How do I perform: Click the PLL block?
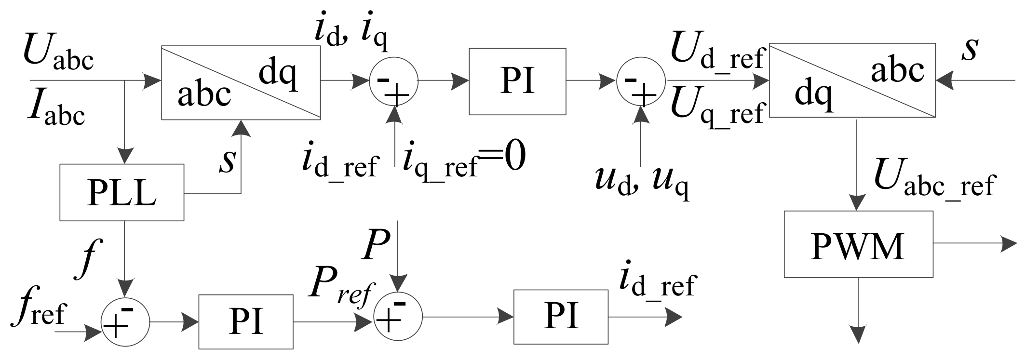tap(121, 192)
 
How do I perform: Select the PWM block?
tap(858, 244)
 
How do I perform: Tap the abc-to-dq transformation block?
tap(241, 82)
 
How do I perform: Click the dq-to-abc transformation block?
tap(852, 80)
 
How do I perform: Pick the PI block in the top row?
tap(517, 81)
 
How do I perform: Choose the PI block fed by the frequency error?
tap(246, 321)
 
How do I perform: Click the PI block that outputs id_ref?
tap(561, 317)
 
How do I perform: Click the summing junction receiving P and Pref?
tap(398, 317)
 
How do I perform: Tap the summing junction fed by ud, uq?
tap(641, 81)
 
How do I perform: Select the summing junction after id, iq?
tap(393, 81)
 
